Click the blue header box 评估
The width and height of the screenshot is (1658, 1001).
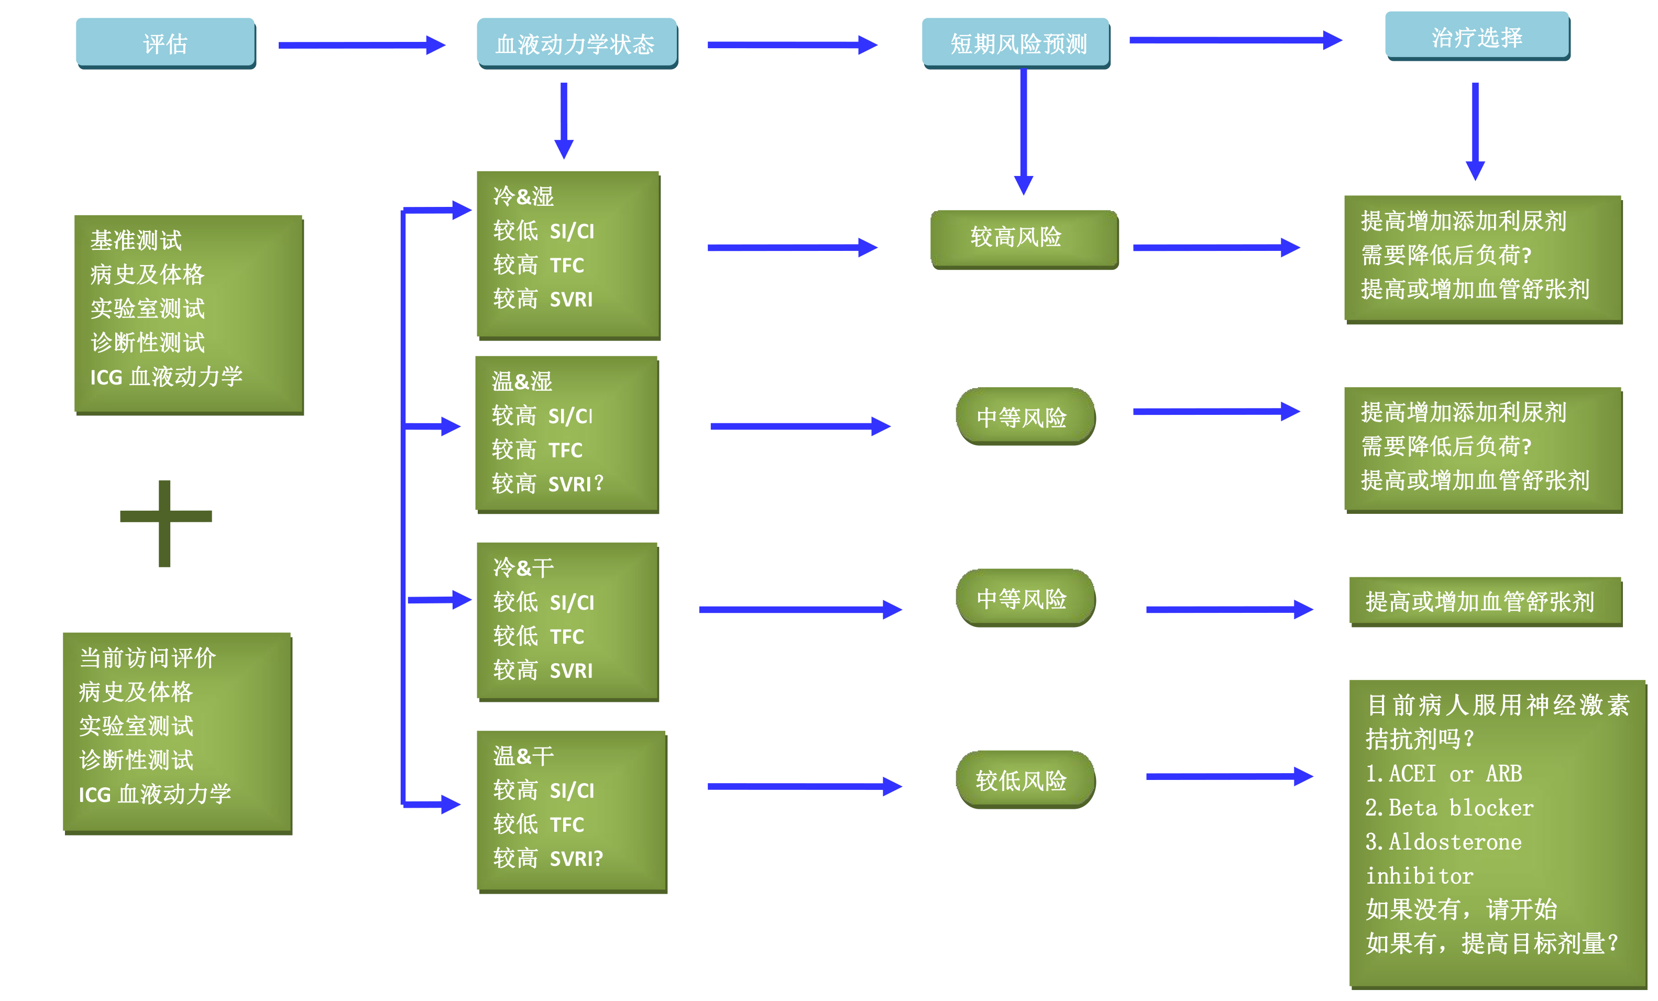coord(166,43)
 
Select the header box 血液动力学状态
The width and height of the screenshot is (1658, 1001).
coord(576,43)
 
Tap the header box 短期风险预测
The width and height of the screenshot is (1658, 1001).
coord(1016,43)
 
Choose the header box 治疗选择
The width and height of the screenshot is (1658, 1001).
coord(1477,37)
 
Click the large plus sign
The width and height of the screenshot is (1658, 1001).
coord(165,523)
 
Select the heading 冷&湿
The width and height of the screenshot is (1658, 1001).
coord(523,196)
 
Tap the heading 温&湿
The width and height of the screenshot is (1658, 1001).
coord(521,381)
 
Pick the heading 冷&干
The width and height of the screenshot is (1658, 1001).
coord(523,567)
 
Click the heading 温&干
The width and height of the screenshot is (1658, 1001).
coord(523,755)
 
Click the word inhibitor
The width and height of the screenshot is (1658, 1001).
coord(1419,876)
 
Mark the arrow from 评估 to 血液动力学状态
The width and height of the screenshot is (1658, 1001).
coord(361,45)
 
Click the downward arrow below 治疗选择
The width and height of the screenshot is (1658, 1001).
coord(1475,131)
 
